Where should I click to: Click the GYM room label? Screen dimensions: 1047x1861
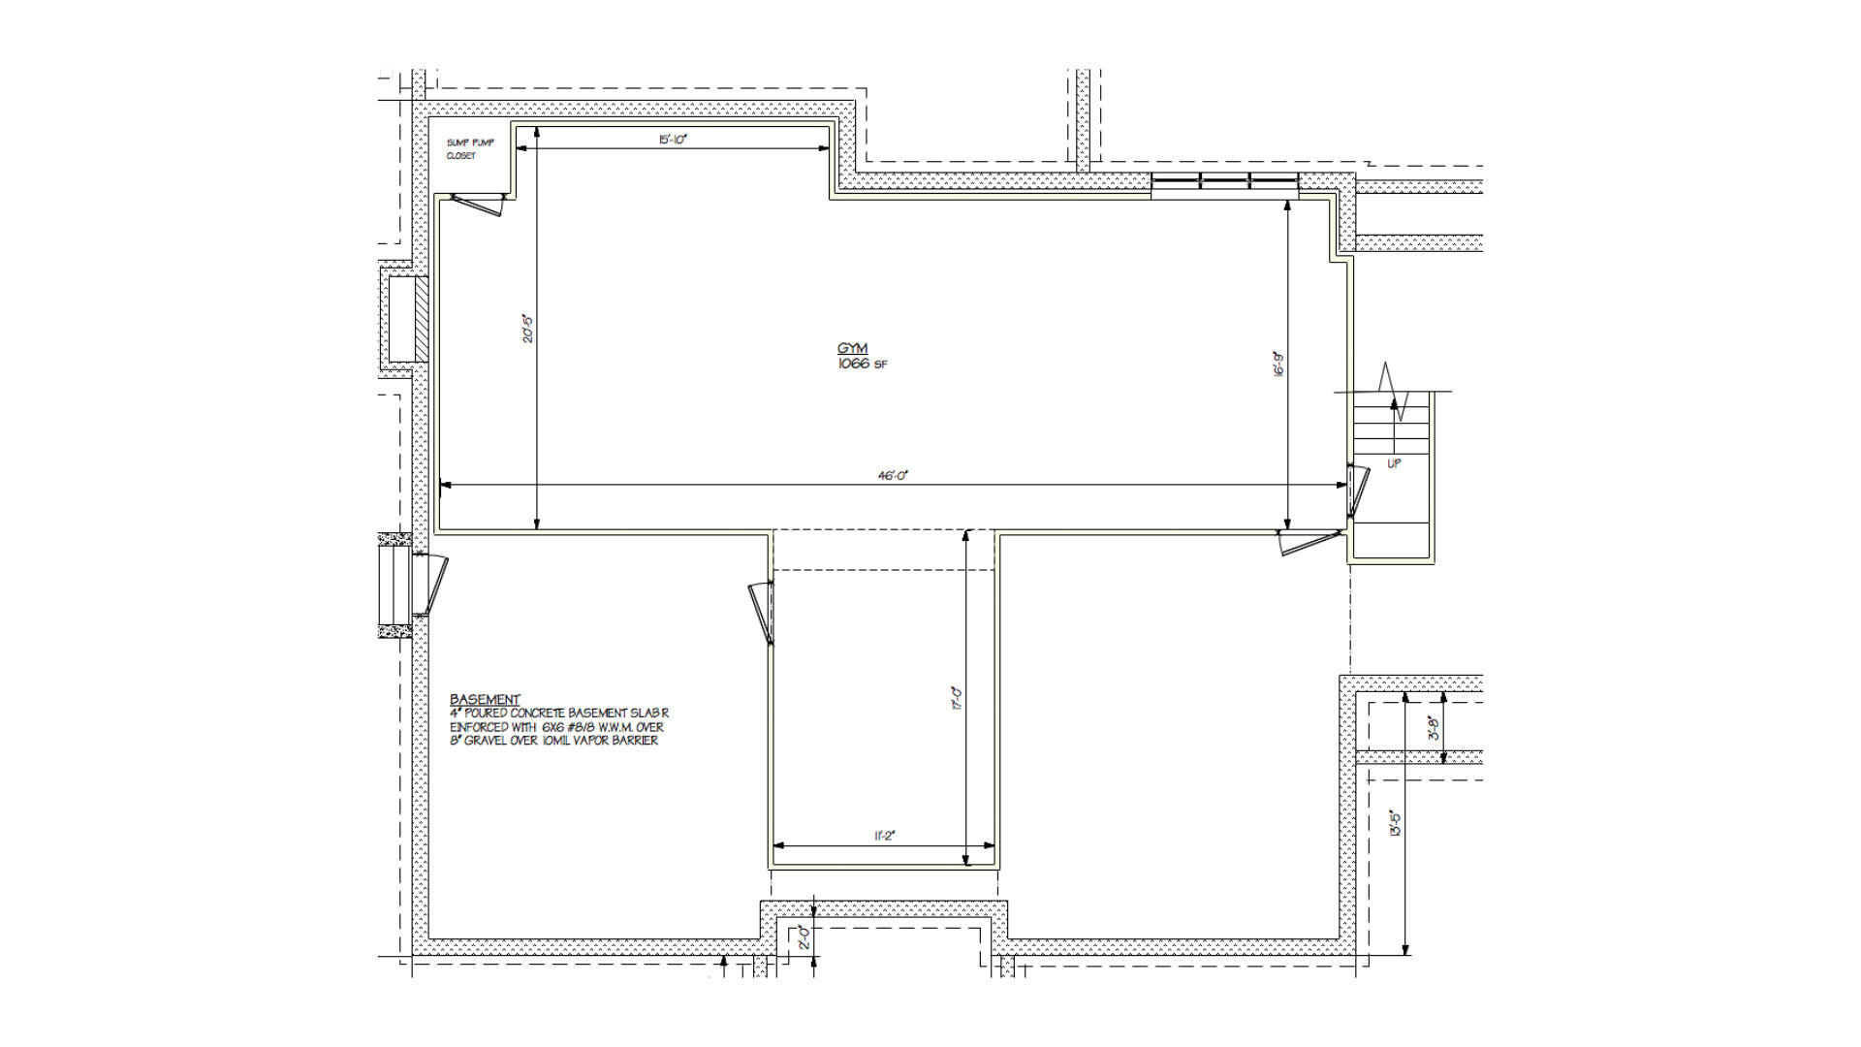(852, 348)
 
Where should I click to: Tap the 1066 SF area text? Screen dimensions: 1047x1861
(862, 365)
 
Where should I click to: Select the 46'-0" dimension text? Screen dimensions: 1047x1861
(893, 475)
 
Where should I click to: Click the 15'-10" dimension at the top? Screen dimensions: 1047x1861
(672, 140)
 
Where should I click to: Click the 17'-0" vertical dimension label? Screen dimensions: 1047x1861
(957, 698)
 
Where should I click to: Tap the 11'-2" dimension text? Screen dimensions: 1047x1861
(883, 836)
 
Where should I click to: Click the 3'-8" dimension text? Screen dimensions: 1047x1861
(1435, 728)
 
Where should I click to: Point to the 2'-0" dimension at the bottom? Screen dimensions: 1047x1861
(804, 937)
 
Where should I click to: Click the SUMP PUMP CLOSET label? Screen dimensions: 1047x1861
(469, 148)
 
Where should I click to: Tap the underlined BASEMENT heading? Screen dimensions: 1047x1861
(485, 699)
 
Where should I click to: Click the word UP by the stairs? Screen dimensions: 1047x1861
(1394, 463)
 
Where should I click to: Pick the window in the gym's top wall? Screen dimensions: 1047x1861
(1224, 180)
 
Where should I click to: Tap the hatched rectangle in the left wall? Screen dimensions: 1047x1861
(421, 319)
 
